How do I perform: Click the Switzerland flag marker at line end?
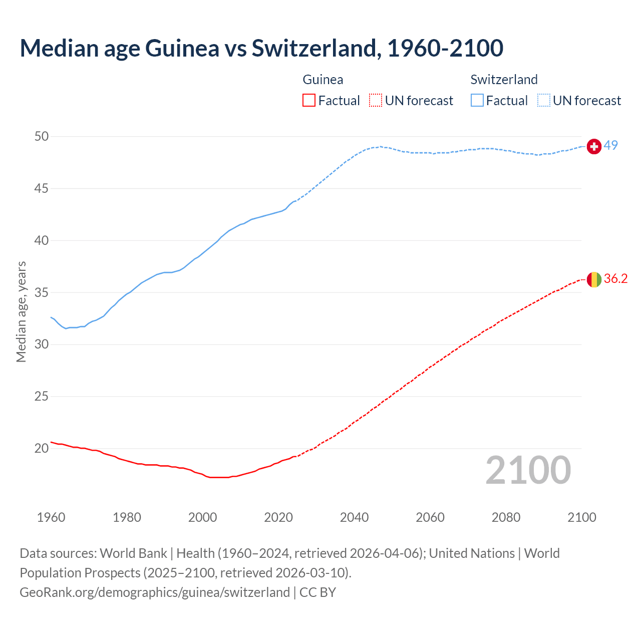coord(594,146)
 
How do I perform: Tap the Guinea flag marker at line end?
coord(594,279)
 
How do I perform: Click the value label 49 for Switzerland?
coord(610,145)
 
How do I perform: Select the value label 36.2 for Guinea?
coord(615,279)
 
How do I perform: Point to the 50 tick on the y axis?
coord(42,137)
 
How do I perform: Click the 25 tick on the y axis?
coord(42,397)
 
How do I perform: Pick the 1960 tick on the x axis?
coord(51,517)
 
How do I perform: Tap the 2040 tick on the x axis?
coord(354,517)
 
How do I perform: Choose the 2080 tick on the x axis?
coord(506,517)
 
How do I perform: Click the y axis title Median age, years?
coord(21,311)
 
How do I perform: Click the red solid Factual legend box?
coord(309,101)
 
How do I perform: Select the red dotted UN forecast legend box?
coord(376,101)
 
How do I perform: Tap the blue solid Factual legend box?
coord(477,101)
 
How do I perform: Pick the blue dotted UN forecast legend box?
coord(544,101)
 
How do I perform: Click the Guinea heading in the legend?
coord(323,80)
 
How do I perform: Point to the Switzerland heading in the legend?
coord(504,80)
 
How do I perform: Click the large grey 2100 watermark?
coord(528,470)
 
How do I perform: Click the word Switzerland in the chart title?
coord(315,48)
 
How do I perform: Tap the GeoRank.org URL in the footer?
coord(155,592)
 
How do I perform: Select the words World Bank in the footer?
coord(133,553)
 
